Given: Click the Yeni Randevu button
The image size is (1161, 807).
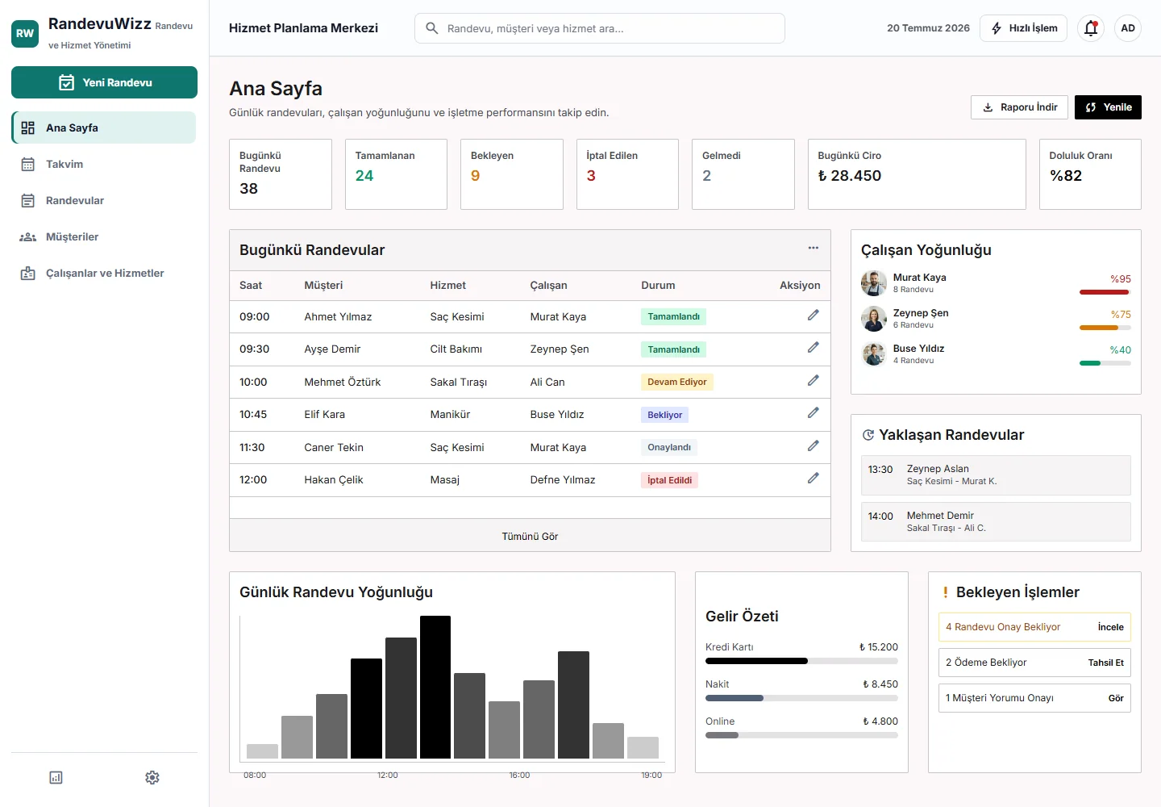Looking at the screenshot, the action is (104, 82).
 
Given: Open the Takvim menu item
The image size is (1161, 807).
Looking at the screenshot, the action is (64, 165).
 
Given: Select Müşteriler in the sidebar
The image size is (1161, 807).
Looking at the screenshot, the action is (72, 237).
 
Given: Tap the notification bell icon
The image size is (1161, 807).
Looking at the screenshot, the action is (1091, 28).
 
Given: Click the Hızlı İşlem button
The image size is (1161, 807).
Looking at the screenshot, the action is (1024, 28).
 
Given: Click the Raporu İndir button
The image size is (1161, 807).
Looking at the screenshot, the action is (1019, 107).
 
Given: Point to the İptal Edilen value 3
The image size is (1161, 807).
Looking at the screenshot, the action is (591, 176).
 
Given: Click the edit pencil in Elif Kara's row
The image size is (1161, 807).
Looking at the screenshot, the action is (814, 413).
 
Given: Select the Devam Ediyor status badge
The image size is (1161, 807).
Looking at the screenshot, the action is (677, 382).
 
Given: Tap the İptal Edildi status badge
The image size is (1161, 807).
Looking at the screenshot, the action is (670, 480).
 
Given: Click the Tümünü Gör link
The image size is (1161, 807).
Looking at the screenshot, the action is (530, 537).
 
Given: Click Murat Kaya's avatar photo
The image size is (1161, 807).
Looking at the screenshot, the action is (874, 283).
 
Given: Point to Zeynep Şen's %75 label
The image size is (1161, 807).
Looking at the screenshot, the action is (1121, 314).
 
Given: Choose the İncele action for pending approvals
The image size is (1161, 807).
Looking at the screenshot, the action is (1111, 627).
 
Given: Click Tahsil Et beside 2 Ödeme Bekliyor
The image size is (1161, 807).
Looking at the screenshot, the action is (1106, 663).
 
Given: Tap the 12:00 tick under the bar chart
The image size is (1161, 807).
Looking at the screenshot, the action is (388, 775).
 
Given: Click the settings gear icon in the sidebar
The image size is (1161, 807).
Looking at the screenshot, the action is (152, 777).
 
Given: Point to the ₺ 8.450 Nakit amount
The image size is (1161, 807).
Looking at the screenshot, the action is (880, 684).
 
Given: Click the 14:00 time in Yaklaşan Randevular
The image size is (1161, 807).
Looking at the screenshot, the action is (880, 516).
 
